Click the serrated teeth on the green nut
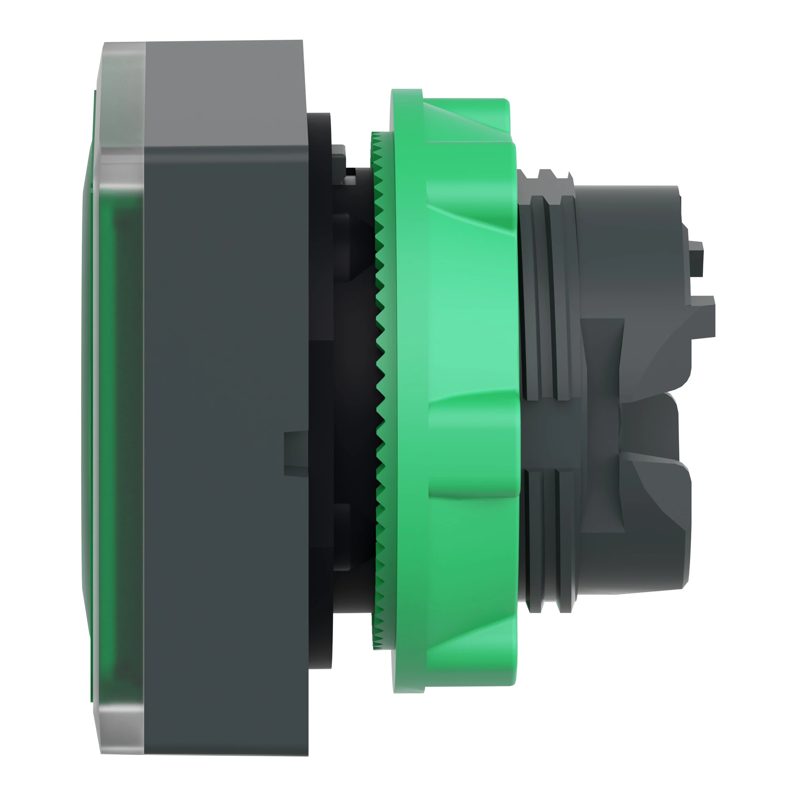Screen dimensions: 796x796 pos(380,371)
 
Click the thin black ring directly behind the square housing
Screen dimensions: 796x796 pos(319,371)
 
